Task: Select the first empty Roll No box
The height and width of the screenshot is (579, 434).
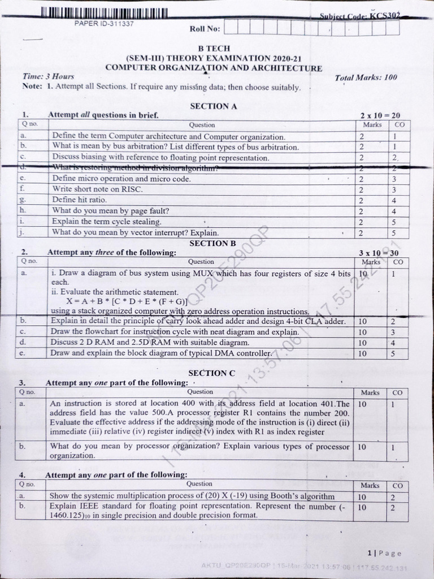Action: [x=231, y=27]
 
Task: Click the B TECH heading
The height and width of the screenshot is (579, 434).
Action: [x=214, y=49]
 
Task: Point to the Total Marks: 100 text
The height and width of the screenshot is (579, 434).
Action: [x=366, y=77]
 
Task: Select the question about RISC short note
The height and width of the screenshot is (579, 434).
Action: [x=98, y=189]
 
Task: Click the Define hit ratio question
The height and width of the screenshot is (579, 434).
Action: [x=80, y=200]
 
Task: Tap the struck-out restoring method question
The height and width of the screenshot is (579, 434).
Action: [x=136, y=168]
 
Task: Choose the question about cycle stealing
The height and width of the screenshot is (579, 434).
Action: [x=107, y=222]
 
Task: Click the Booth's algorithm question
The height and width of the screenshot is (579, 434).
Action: [x=192, y=496]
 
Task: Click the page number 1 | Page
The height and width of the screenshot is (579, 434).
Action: [x=384, y=553]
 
